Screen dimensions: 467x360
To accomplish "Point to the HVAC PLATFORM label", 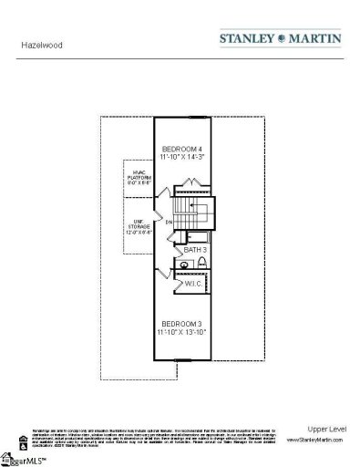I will [x=138, y=177].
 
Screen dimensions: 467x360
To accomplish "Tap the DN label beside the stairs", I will [x=170, y=221].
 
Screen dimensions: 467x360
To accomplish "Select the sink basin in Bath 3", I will [x=185, y=265].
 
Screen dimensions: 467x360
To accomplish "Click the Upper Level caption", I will [x=323, y=428].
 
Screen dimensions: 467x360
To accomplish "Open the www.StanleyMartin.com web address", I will [x=314, y=440].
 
